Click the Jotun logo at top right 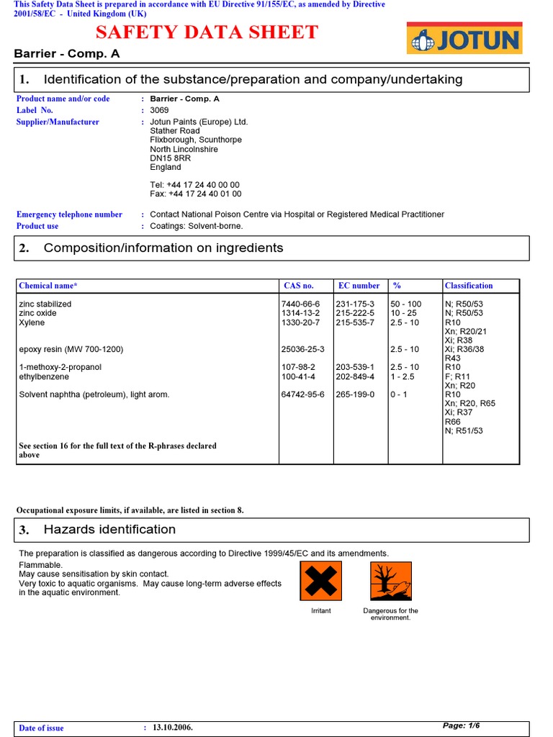(x=464, y=38)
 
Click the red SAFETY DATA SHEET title (x=207, y=32)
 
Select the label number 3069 (x=159, y=110)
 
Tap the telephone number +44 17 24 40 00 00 (x=195, y=185)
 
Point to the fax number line (x=195, y=194)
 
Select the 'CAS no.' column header (x=298, y=286)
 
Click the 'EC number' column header (x=359, y=286)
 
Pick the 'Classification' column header (x=469, y=286)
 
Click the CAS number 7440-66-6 (x=300, y=304)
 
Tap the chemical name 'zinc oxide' (x=37, y=313)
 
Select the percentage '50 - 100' (x=406, y=304)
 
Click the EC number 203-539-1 (x=355, y=367)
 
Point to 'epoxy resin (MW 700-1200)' (x=71, y=349)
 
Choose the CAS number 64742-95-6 (x=302, y=394)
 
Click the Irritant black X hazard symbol (x=320, y=581)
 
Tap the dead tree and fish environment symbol (x=391, y=581)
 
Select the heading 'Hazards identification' (x=109, y=530)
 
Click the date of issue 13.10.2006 (x=173, y=728)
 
